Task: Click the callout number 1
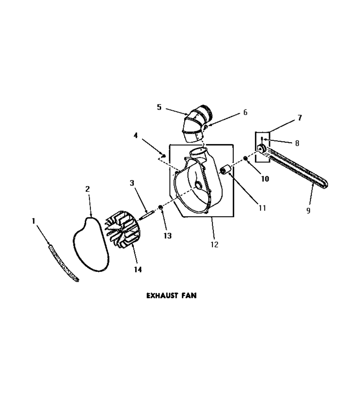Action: pos(33,221)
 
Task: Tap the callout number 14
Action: pos(138,269)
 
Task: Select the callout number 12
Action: pos(214,244)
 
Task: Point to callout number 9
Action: pos(308,210)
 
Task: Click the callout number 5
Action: pos(159,107)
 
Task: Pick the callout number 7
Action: pos(300,118)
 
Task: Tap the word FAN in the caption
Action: pos(189,295)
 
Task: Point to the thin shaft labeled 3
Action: pos(147,216)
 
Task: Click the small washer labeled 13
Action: pos(161,207)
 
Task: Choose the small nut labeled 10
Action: pos(245,158)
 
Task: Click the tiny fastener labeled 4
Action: pos(164,156)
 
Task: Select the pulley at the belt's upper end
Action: pos(261,149)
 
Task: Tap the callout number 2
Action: pos(88,189)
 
